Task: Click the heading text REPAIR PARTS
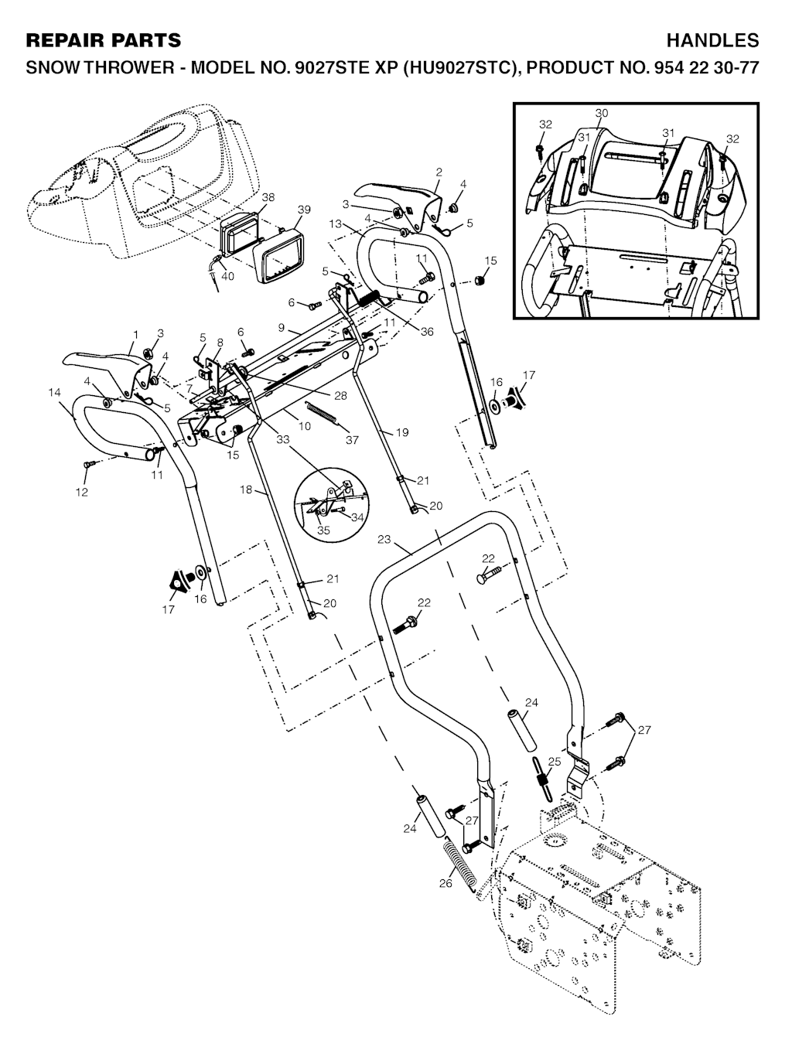104,40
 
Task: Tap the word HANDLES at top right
712,40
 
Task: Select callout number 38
268,198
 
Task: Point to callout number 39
304,210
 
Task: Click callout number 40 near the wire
228,275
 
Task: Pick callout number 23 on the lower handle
384,540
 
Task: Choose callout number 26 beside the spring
445,882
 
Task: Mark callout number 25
553,762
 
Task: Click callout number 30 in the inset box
602,113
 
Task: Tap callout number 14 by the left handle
54,393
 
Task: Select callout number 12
81,492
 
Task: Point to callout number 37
352,440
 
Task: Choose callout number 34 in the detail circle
357,517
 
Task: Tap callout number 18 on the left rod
245,490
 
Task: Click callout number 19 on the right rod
401,433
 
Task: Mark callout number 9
282,327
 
